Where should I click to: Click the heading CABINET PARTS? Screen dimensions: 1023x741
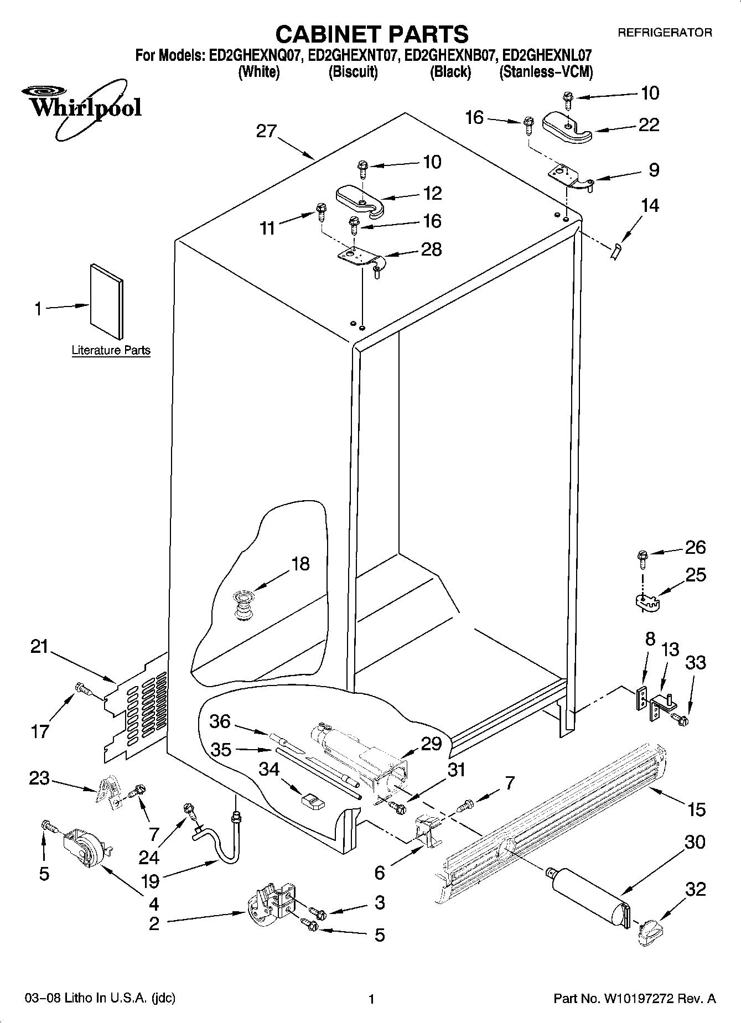point(371,34)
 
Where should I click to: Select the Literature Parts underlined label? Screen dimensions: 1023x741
point(111,350)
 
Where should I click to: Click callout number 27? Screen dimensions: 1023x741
point(267,131)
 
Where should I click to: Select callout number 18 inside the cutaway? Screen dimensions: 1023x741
point(300,564)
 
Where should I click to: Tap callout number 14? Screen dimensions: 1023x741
point(650,206)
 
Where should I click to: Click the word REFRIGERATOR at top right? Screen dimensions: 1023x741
point(665,33)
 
